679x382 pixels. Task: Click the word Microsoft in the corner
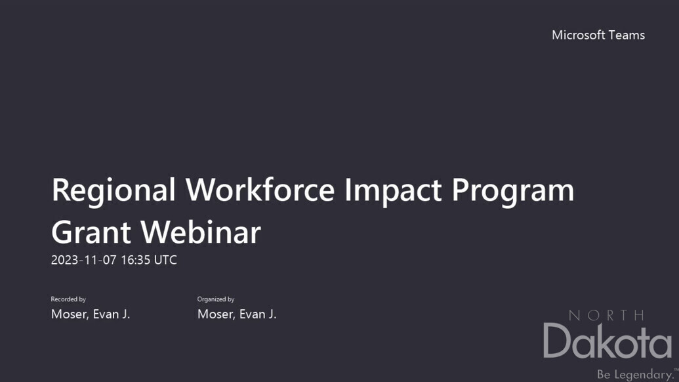(x=578, y=35)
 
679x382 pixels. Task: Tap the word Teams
(x=627, y=35)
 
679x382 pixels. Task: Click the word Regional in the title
(x=113, y=191)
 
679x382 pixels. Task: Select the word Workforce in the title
(x=260, y=190)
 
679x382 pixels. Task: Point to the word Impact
(x=393, y=191)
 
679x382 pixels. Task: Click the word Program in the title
(x=513, y=191)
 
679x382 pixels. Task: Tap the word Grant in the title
(x=91, y=232)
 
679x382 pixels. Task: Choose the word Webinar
(x=201, y=232)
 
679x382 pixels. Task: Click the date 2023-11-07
(x=84, y=260)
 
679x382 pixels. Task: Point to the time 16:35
(x=136, y=260)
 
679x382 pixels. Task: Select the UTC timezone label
(x=165, y=260)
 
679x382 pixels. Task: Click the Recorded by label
(x=68, y=299)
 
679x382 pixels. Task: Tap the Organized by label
(x=216, y=299)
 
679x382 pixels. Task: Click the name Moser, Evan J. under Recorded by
(x=91, y=314)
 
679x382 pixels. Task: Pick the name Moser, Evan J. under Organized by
(x=237, y=314)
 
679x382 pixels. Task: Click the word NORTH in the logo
(x=606, y=315)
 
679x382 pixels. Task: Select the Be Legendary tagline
(x=635, y=374)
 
